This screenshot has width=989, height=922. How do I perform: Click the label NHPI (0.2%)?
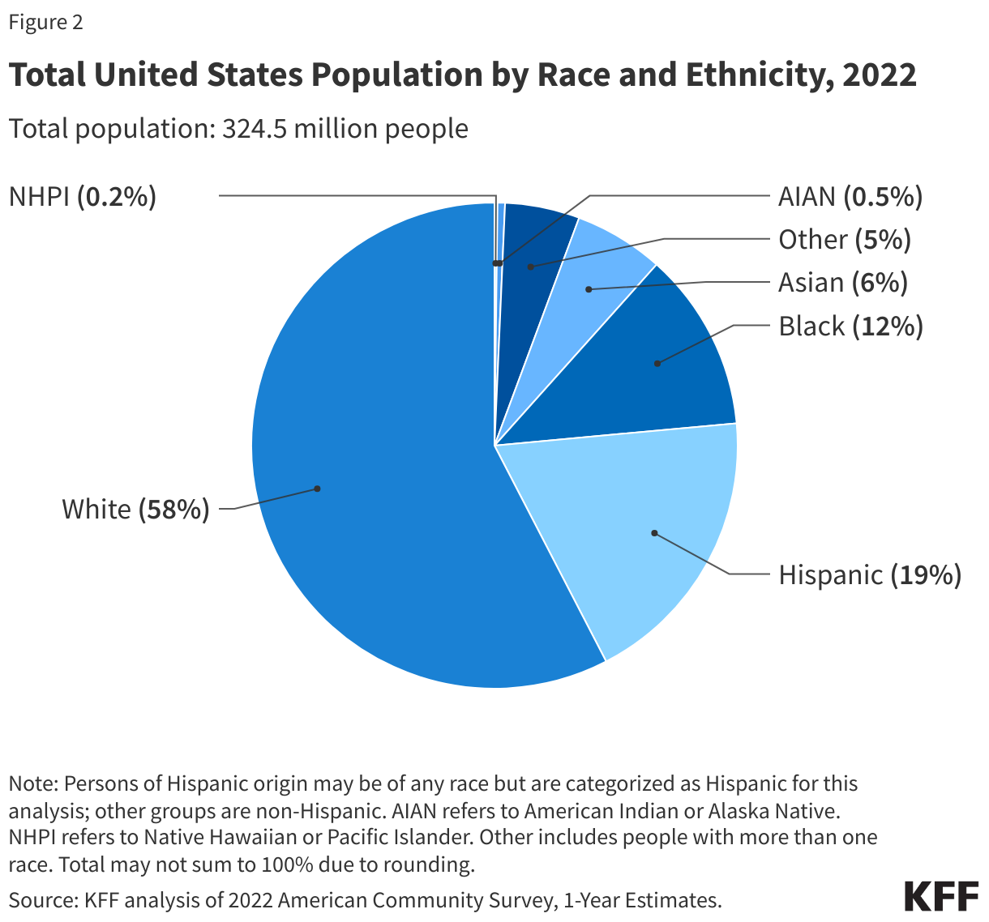coord(82,197)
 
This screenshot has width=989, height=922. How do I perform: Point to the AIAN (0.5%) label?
coord(850,197)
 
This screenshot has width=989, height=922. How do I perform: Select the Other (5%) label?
coord(844,240)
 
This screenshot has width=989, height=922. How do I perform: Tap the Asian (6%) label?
coord(842,283)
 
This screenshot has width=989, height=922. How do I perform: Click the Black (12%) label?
coord(850,327)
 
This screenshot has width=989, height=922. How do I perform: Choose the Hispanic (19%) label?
coord(869,575)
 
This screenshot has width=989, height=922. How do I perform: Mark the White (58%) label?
coord(135,510)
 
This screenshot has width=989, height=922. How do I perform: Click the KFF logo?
coord(940,897)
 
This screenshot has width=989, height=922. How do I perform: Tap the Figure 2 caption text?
coord(45,23)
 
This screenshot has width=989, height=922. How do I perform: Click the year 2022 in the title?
coord(879,75)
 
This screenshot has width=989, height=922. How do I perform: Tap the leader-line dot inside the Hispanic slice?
coord(654,533)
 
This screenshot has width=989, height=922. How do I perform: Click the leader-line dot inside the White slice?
coord(318,489)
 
